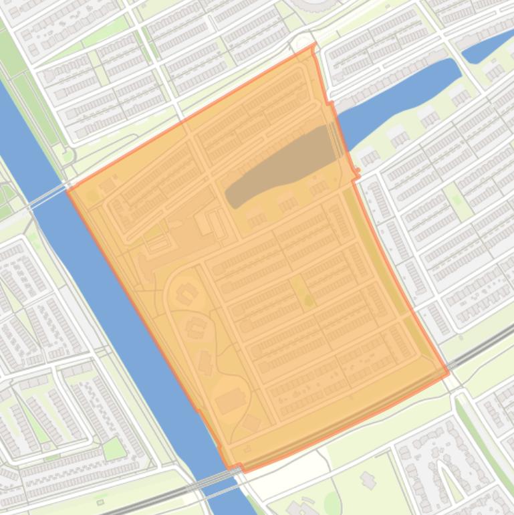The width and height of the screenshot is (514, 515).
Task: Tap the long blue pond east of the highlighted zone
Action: point(401,100)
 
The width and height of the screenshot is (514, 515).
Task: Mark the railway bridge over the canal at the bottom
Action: point(221,476)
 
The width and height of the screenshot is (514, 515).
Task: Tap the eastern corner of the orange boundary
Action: point(447,373)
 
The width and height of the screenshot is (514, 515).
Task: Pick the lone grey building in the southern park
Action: point(368,479)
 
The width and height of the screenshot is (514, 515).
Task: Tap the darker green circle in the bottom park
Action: point(332,501)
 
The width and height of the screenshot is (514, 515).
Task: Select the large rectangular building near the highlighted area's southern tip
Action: point(229,401)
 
